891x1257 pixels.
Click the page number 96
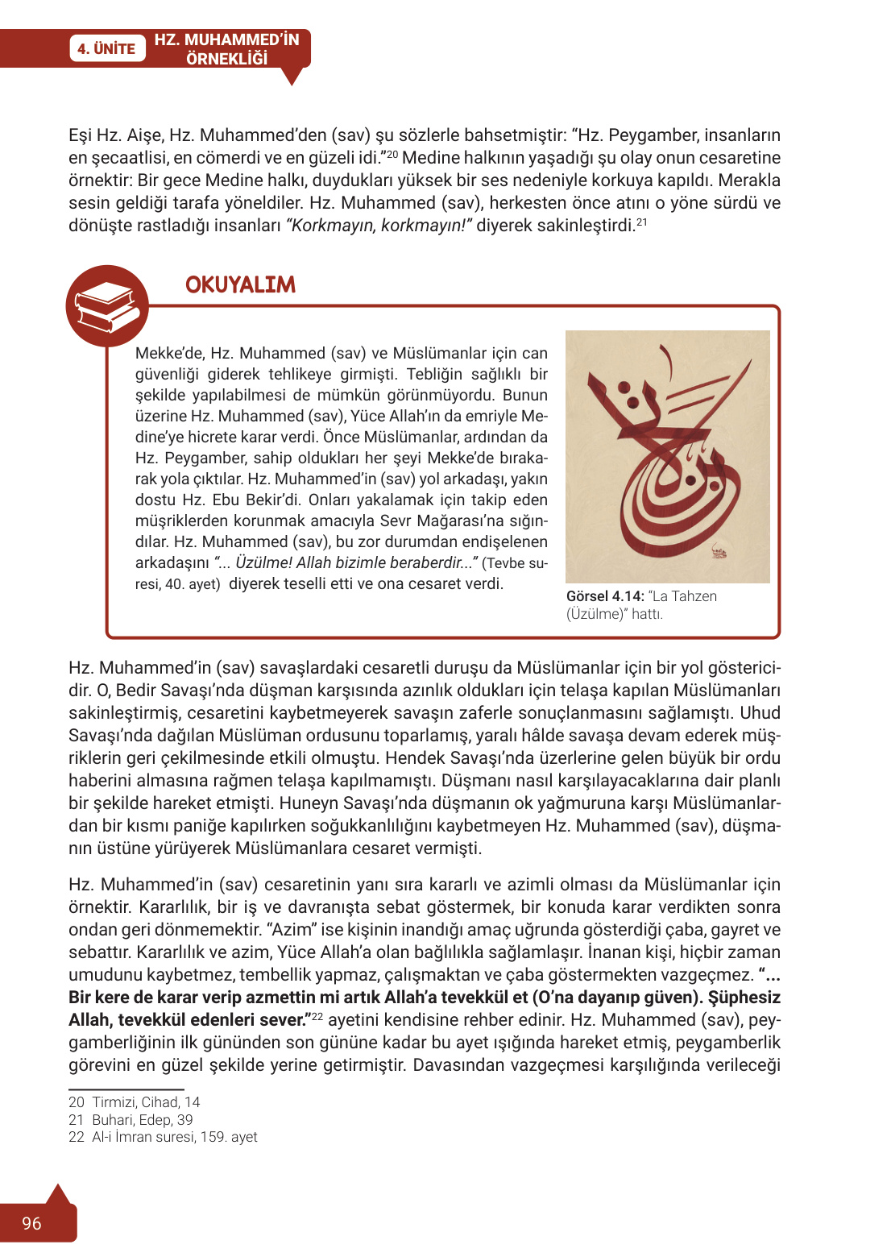(x=31, y=1223)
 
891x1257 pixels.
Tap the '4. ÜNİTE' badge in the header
(x=106, y=48)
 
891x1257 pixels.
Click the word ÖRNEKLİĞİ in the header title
(x=226, y=59)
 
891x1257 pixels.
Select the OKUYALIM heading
(x=240, y=284)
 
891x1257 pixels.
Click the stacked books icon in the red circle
(x=106, y=307)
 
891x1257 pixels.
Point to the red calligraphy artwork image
(x=667, y=456)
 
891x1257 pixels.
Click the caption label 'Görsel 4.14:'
(x=605, y=596)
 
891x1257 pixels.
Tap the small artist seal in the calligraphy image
(x=717, y=553)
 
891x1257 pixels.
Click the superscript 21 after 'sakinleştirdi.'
(x=642, y=222)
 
